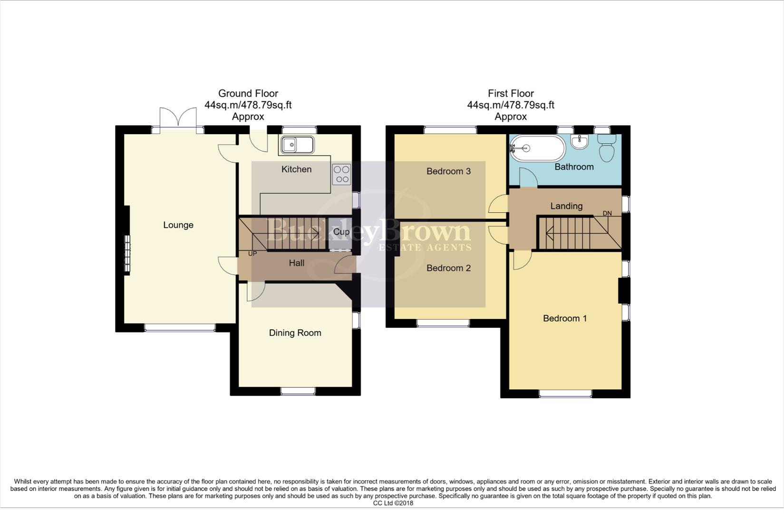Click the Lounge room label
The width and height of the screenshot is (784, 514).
pos(178,225)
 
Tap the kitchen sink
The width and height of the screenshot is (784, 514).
pos(297,145)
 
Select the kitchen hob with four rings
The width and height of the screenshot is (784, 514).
pos(341,174)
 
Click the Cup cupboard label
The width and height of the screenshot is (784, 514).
pos(341,232)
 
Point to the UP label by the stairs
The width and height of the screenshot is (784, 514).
pos(252,254)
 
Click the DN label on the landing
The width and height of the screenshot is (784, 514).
pos(607,213)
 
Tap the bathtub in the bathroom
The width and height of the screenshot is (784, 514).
pos(537,148)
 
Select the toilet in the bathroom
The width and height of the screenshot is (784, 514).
pos(606,148)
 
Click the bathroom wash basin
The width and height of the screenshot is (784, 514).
pos(580,141)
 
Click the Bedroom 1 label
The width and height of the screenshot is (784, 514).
pos(565,318)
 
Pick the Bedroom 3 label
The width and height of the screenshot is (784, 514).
pos(448,171)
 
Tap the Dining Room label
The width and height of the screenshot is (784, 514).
pos(295,333)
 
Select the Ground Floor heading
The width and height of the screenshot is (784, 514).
pos(248,94)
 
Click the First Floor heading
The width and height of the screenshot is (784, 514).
pos(511,94)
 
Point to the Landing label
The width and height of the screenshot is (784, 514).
pos(566,206)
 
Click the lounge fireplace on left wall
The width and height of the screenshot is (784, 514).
pos(127,254)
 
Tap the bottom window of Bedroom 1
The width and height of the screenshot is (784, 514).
pos(565,394)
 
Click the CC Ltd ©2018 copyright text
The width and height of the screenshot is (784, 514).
pos(393,503)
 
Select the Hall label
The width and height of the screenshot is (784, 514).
pos(297,263)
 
